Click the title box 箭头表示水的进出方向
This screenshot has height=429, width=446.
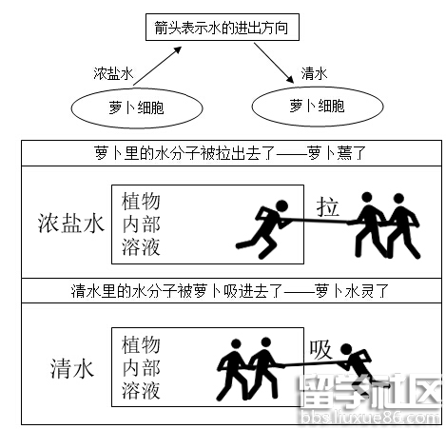pos(223,27)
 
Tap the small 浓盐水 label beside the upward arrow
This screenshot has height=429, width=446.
pos(113,73)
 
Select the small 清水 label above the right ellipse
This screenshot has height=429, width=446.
pos(314,73)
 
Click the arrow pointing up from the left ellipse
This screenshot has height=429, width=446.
pos(157,66)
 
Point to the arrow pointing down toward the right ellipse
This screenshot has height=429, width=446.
pos(274,64)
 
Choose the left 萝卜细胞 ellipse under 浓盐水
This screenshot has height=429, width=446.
pos(137,108)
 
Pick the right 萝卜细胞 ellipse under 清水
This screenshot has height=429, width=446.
pos(318,107)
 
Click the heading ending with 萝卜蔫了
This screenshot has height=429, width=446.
pos(230,153)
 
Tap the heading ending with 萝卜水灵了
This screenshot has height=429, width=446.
pos(230,291)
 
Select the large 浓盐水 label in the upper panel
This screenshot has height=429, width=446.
pos(71,224)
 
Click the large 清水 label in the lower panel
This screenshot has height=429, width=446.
pos(72,368)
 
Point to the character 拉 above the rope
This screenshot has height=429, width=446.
pos(327,206)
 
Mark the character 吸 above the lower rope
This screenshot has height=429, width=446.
pos(320,350)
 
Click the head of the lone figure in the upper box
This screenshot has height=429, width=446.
pos(281,206)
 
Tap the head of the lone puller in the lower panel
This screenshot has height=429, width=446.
pos(346,349)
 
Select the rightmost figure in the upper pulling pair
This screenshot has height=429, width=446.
pos(402,225)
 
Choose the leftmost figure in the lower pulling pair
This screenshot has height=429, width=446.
pos(233,369)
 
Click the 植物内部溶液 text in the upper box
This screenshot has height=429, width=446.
pos(141,224)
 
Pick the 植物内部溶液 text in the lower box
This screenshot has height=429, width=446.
pos(141,367)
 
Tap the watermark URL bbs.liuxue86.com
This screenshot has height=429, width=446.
pos(370,417)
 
